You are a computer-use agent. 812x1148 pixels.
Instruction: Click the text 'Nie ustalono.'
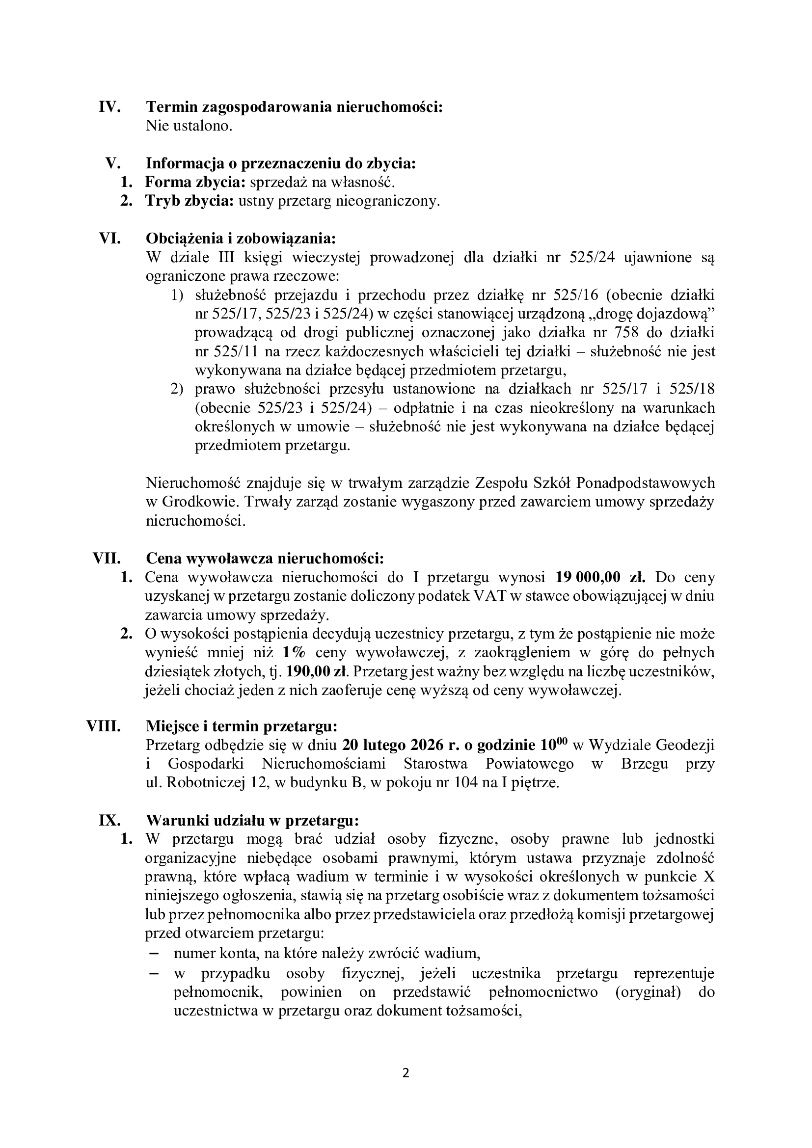189,126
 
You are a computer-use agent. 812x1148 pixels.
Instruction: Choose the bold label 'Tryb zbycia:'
190,202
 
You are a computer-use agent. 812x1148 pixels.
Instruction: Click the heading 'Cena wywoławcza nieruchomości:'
265,558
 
